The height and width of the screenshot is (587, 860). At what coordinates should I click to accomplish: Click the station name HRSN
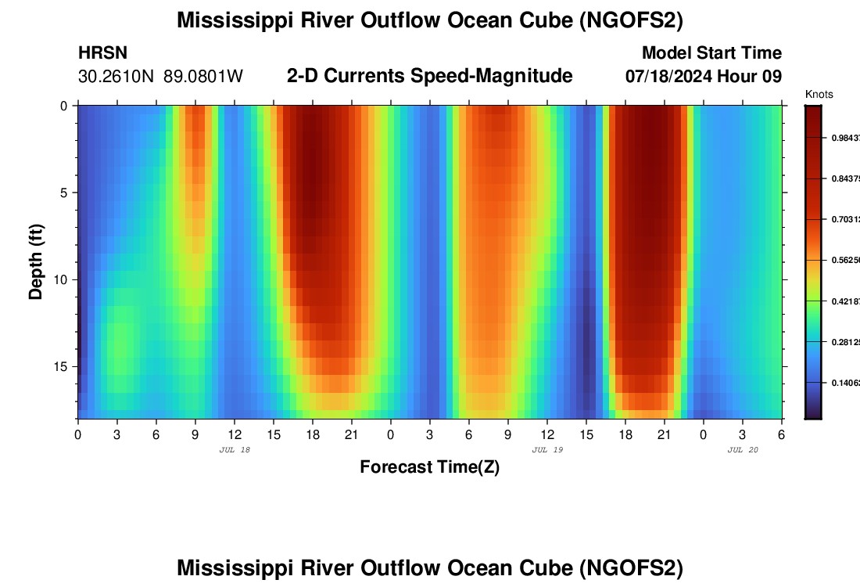[102, 53]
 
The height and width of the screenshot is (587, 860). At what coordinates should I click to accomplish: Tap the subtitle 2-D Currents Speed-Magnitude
[429, 76]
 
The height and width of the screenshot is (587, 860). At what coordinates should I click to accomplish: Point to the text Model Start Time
[711, 53]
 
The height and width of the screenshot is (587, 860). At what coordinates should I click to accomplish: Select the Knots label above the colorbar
[819, 95]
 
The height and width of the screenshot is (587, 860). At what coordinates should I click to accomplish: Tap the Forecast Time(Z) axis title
[429, 467]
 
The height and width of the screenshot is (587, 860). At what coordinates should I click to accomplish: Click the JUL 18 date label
[235, 450]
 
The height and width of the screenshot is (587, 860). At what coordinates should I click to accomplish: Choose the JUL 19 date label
[547, 450]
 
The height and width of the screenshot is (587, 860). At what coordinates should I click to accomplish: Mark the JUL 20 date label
[743, 450]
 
